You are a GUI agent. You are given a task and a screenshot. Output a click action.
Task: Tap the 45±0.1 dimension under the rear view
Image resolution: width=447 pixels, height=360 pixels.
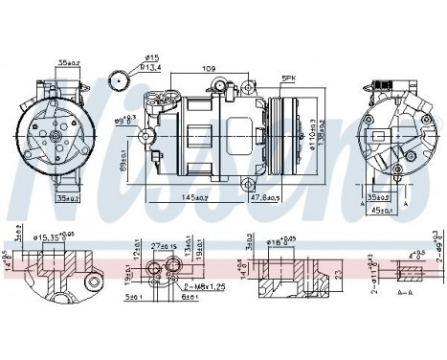384,212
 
